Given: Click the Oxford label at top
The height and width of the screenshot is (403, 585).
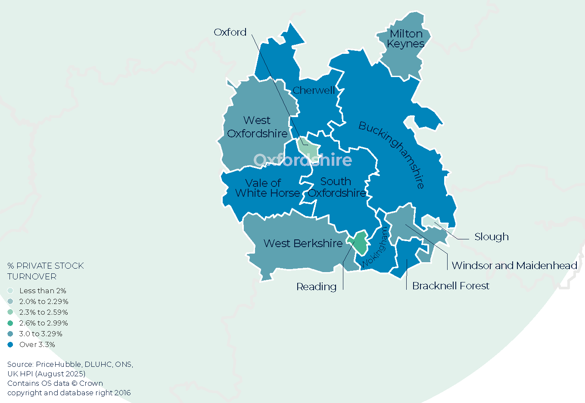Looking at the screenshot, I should (230, 32).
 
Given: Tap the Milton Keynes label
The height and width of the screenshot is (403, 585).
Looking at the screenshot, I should (405, 39).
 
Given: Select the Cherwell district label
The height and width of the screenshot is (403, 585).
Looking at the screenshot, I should (314, 90).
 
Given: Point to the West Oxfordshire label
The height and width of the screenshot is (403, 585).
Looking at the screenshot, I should (257, 127).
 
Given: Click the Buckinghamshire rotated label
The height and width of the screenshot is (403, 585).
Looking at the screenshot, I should (392, 155).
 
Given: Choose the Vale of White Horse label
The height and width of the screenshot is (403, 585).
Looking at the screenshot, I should (267, 188).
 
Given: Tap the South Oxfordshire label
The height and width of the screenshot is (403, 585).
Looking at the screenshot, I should (336, 187).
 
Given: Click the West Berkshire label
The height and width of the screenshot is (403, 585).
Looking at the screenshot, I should (303, 244).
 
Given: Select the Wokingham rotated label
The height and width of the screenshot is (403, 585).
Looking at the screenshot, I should (375, 248).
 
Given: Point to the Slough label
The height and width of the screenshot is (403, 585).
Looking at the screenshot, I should (491, 237).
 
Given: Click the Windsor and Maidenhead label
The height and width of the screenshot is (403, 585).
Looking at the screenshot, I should (514, 266).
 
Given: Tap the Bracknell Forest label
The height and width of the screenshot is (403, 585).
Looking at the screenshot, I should (451, 286).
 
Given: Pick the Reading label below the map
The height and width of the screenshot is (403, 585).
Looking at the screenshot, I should (316, 287).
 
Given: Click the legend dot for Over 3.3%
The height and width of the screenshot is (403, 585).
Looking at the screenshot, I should (10, 344).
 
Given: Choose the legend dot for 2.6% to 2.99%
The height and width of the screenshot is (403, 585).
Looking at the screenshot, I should (10, 323).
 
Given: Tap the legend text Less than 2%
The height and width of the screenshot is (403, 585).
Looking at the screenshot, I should (43, 291).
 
